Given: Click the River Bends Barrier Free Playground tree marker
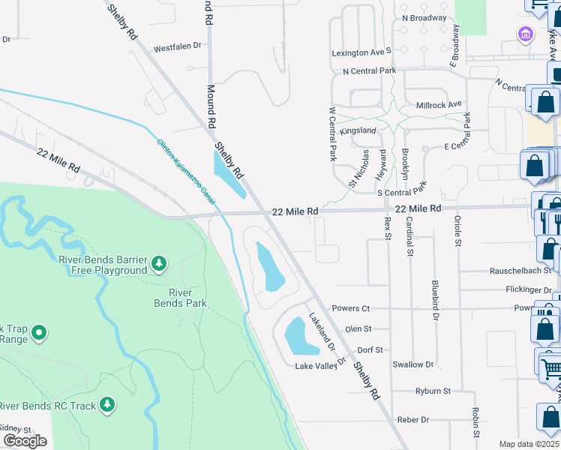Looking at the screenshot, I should pyautogui.click(x=158, y=263).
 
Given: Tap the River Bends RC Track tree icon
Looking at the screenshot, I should pyautogui.click(x=108, y=405).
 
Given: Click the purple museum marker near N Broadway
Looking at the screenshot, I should pyautogui.click(x=525, y=34).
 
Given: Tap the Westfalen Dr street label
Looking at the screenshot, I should pyautogui.click(x=178, y=46).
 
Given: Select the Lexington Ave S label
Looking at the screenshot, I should pyautogui.click(x=362, y=52).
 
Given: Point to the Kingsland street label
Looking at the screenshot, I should pyautogui.click(x=358, y=130).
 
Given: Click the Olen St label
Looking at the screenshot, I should pyautogui.click(x=358, y=328).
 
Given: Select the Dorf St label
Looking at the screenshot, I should pyautogui.click(x=370, y=349).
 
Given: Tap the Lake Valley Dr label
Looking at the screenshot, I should pyautogui.click(x=319, y=366).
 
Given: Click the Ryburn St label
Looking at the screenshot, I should pyautogui.click(x=433, y=391).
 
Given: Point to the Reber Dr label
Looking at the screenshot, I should pyautogui.click(x=413, y=419).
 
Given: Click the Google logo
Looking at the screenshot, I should pyautogui.click(x=25, y=440).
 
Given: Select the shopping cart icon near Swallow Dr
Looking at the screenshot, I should pyautogui.click(x=551, y=366).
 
